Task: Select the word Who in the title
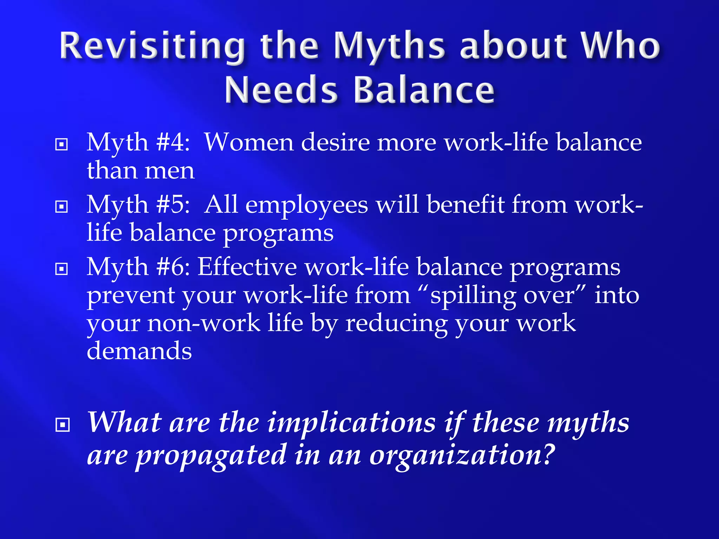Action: [620, 46]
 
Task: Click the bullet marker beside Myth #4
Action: [62, 144]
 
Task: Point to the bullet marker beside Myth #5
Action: [62, 207]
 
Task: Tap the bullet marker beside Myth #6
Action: [62, 269]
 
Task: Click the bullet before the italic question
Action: [62, 425]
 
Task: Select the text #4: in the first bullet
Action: [173, 143]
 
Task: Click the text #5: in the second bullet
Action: [173, 205]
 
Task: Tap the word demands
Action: [139, 351]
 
